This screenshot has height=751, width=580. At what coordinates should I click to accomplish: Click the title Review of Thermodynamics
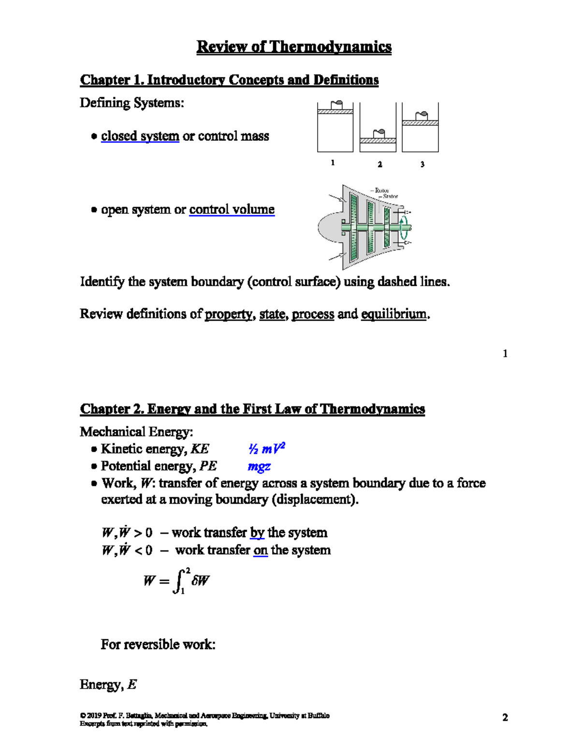point(294,46)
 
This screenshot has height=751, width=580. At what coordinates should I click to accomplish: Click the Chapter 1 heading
point(229,80)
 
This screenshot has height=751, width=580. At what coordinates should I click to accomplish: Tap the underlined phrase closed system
point(140,136)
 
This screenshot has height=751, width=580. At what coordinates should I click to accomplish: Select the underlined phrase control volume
point(232,209)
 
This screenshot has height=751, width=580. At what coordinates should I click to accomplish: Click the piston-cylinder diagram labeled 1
point(335,128)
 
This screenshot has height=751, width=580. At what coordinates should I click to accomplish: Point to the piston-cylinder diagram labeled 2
point(377,129)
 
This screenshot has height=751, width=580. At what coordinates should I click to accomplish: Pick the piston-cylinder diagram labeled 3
point(420,128)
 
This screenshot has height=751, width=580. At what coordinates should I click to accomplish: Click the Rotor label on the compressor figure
point(382,191)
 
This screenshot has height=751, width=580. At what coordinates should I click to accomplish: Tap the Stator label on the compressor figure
point(391,196)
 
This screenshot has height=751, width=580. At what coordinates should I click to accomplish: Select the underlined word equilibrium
point(394,314)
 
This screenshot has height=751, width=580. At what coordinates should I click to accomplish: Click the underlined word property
point(229,314)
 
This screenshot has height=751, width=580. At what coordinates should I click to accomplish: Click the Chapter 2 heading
point(252,409)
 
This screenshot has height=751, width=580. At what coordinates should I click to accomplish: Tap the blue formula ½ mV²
point(266,449)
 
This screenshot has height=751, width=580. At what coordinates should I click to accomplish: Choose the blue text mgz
point(259,466)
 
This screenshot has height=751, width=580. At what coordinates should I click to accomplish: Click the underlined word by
point(257,533)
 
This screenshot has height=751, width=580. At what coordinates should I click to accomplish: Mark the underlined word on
point(261,550)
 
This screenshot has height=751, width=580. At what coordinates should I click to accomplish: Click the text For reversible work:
point(158,645)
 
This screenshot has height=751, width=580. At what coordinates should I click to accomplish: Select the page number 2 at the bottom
point(505,718)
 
